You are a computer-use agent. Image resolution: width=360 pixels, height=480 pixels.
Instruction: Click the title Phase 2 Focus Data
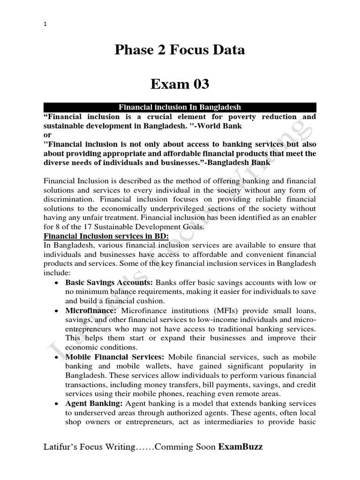[180, 50]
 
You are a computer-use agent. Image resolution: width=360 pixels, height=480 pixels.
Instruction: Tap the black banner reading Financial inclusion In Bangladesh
[180, 107]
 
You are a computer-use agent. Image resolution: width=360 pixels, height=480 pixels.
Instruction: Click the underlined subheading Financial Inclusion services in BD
[106, 236]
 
